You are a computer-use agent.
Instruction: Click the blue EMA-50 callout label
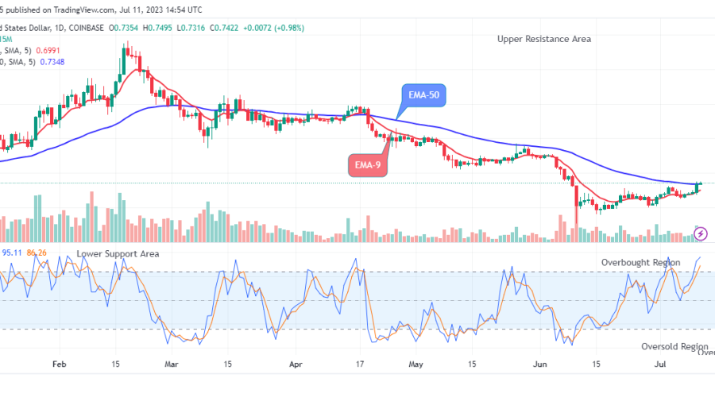tap(423, 95)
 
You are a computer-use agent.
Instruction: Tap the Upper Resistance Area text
tap(544, 39)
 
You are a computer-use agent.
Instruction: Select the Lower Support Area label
tap(118, 253)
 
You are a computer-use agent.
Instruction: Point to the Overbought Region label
tap(640, 262)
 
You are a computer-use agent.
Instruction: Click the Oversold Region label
tap(674, 347)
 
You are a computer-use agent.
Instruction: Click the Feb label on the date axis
tap(60, 365)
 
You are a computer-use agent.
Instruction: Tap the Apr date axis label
tap(296, 365)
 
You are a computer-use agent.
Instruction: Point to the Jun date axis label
tap(539, 365)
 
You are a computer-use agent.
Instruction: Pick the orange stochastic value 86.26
tap(36, 252)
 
